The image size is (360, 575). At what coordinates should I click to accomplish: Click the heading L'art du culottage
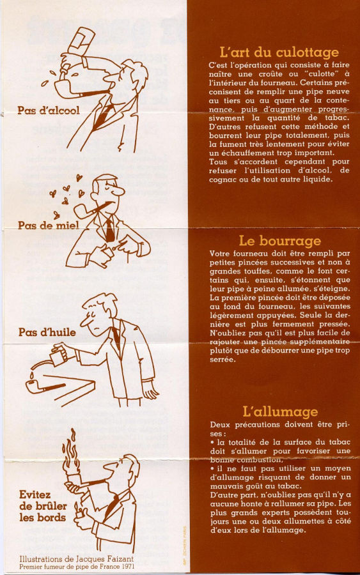click(x=279, y=52)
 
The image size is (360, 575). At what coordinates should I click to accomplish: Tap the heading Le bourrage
click(x=279, y=241)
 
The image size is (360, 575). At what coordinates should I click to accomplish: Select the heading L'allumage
click(x=280, y=411)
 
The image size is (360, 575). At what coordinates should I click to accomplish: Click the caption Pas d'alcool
click(x=49, y=111)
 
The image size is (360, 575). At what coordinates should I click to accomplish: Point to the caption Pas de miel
click(x=49, y=225)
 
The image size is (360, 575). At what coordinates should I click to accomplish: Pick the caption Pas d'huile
click(x=47, y=332)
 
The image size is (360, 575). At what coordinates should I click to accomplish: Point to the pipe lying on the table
click(x=45, y=387)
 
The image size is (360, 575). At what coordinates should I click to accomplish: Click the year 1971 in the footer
click(x=128, y=567)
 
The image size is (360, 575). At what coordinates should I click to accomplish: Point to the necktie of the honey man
click(x=109, y=229)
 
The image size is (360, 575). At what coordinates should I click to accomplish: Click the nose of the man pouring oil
click(x=85, y=321)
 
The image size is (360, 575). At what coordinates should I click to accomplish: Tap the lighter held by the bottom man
click(x=78, y=511)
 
